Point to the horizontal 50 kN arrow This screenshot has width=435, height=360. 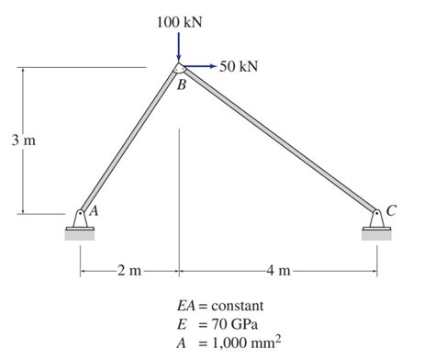point(200,66)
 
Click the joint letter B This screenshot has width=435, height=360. point(182,85)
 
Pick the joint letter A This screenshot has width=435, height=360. point(94,209)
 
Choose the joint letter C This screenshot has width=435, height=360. point(392,210)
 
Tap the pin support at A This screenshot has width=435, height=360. point(81,218)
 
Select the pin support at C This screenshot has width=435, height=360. point(376,218)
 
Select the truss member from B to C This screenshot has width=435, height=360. point(277,139)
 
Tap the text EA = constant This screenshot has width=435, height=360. point(220,305)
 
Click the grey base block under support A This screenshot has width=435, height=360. point(80,234)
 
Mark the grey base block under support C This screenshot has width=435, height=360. point(376,234)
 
